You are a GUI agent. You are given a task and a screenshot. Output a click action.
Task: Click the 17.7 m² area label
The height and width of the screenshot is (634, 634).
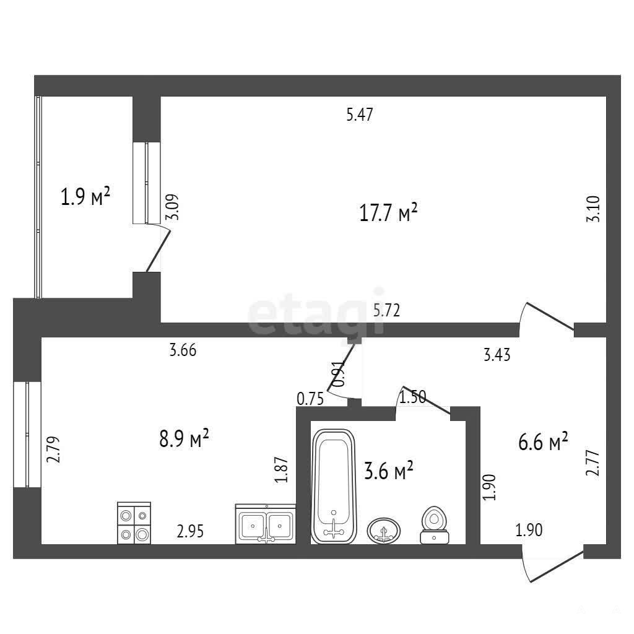tap(388, 213)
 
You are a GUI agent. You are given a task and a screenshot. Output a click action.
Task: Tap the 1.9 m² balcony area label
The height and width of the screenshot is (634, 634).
tap(85, 196)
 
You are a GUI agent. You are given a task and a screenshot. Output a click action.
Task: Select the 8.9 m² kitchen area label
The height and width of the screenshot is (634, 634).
tap(184, 439)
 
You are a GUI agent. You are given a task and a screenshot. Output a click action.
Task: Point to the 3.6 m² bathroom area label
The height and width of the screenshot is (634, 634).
tap(389, 471)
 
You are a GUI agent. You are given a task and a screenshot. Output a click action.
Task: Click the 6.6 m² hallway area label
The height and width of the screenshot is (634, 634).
tap(543, 442)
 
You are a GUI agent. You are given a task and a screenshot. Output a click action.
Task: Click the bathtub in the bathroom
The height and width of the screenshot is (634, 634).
tap(334, 486)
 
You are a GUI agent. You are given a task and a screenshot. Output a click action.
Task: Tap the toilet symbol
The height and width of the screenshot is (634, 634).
tap(434, 525)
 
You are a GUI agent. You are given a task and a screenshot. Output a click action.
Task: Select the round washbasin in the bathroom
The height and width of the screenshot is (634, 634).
tap(384, 531)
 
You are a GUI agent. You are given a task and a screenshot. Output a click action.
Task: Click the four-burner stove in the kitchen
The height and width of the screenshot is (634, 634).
tap(134, 523)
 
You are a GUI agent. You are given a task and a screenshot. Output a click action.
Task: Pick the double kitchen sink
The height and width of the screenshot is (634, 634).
tap(265, 524)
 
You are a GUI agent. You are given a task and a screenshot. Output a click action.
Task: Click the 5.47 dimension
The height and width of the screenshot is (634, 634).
tap(360, 115)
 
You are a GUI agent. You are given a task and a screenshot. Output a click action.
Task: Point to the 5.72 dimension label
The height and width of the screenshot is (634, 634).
tap(386, 310)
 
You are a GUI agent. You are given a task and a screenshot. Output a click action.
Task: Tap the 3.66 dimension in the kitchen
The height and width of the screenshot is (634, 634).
tap(183, 350)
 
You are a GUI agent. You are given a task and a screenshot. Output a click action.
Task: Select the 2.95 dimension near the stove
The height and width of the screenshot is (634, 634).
tap(190, 531)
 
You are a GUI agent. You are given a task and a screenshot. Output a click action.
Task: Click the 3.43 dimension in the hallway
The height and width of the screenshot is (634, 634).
tap(497, 355)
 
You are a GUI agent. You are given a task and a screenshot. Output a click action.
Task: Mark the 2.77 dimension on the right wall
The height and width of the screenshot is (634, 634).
tap(593, 462)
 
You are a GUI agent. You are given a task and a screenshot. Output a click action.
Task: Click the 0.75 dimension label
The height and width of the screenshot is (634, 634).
tap(310, 399)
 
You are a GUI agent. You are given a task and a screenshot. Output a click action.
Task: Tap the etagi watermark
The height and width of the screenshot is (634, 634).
tap(316, 312)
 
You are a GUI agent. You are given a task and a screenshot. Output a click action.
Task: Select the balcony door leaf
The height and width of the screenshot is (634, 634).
tap(158, 251)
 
